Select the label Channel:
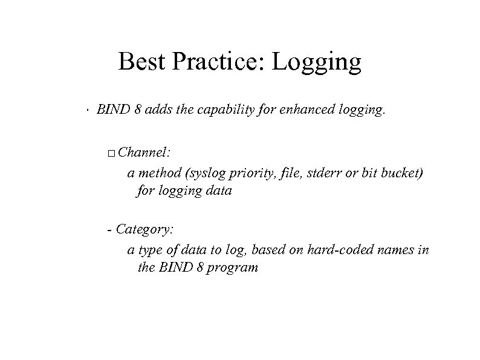[144, 153]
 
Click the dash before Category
[108, 230]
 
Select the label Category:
[144, 230]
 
